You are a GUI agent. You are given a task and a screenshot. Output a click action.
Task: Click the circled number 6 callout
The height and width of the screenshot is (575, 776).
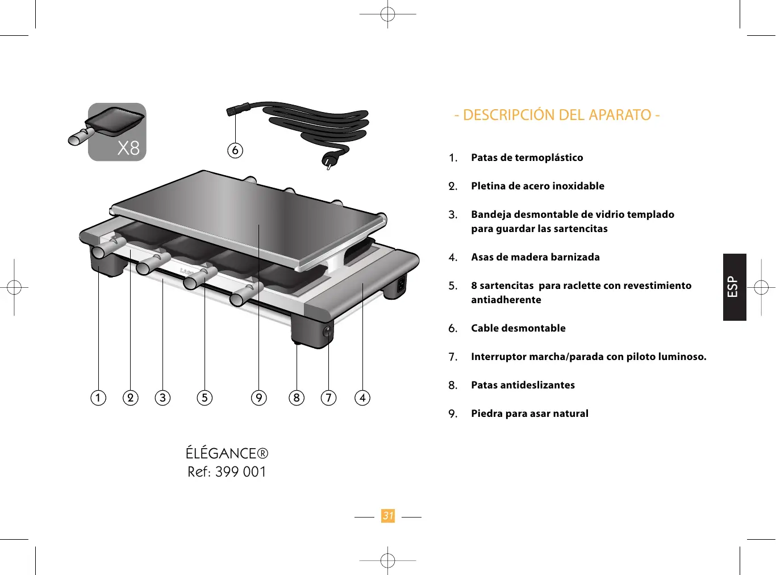coord(235,150)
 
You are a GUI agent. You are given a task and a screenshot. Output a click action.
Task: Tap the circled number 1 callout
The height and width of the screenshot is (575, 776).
coord(98,398)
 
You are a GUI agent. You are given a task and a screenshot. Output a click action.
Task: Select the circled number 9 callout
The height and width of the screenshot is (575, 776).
coord(258,398)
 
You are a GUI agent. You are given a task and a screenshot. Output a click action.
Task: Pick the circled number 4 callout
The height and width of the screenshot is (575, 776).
coord(362,398)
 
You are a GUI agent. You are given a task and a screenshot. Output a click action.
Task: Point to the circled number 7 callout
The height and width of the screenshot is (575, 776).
coord(328,398)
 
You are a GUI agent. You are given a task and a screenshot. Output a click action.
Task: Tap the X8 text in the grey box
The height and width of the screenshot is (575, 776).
coord(128,148)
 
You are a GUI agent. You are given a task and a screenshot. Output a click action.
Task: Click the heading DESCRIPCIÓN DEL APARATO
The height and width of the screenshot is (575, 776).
coord(557,115)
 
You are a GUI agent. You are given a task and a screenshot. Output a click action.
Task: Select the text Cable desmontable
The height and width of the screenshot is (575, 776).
coord(518,328)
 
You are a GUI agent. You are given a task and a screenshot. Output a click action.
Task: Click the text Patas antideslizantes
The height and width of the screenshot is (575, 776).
coord(523,385)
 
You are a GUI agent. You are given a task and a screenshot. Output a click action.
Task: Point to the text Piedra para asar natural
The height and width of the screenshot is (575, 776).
coord(529,413)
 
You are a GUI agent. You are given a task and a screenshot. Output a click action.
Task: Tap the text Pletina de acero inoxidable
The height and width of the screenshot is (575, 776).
coord(537,186)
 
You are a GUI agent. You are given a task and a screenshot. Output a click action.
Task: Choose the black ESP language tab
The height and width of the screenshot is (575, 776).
coord(734,287)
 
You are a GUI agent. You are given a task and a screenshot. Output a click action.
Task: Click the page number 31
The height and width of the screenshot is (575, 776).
coord(388,516)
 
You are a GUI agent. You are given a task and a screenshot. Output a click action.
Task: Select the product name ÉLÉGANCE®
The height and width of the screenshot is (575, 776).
coord(227,453)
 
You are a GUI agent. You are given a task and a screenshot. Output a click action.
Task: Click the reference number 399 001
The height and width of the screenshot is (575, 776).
coord(240,472)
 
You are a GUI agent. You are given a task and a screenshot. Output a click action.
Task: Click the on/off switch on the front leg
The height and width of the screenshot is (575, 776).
coord(327,332)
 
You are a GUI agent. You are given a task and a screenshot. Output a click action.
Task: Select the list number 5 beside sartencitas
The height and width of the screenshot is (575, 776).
coord(452,286)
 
